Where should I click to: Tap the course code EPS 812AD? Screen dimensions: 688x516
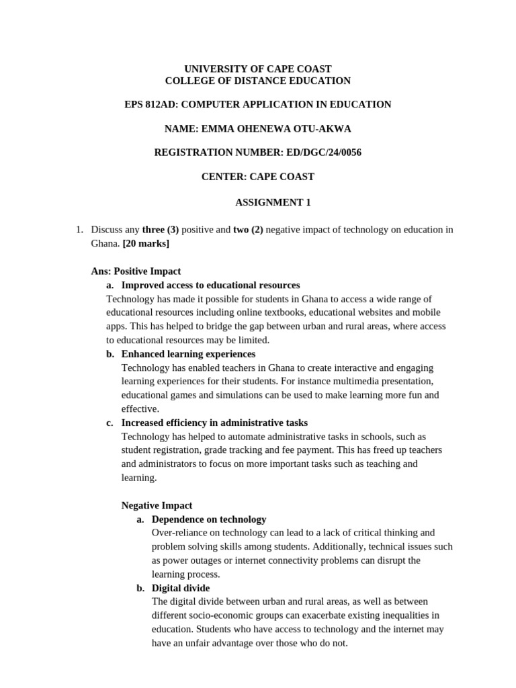point(149,104)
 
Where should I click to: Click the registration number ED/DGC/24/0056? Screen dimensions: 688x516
point(324,153)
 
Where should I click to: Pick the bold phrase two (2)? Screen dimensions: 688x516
point(248,230)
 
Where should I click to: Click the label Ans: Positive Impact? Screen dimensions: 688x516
point(136,271)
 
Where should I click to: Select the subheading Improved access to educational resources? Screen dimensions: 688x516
point(210,285)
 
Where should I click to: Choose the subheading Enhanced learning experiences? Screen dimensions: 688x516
point(188,353)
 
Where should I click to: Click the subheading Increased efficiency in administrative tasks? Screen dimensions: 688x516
point(214,423)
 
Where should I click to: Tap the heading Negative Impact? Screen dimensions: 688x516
point(157,505)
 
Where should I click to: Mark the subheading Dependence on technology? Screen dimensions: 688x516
point(209,519)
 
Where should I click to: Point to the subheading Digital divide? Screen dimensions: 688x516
point(181,588)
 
